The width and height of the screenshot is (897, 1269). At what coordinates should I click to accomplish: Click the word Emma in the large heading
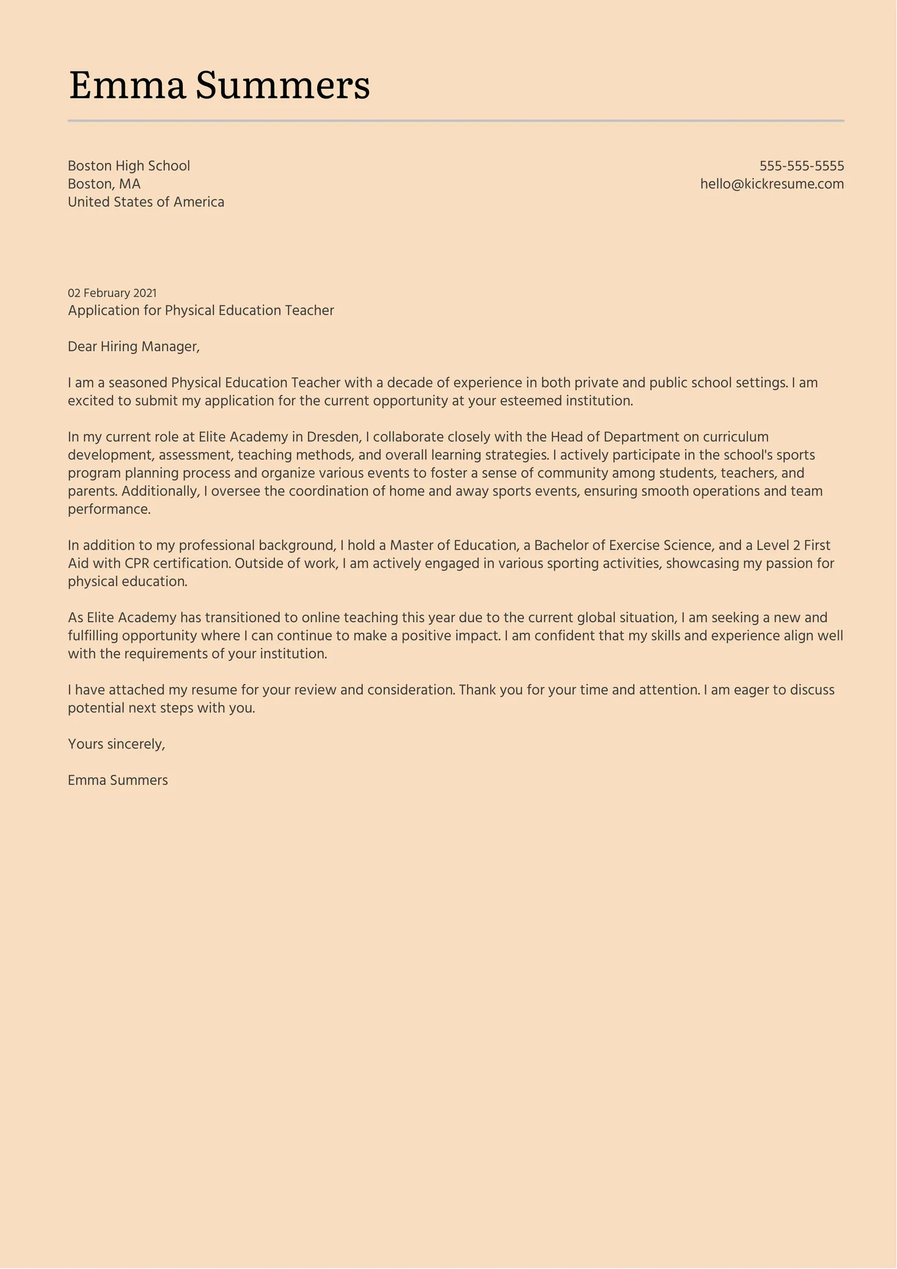point(127,86)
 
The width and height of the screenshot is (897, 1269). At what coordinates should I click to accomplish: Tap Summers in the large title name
point(282,86)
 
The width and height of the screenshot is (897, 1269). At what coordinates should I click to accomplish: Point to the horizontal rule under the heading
point(456,121)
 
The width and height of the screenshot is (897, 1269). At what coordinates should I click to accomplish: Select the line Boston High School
point(129,166)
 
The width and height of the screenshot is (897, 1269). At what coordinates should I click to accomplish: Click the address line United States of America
point(146,202)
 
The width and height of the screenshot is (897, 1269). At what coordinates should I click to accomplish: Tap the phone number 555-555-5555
point(802,166)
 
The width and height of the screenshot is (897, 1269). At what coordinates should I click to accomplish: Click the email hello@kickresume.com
point(772,184)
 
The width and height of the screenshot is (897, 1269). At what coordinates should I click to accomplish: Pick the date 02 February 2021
point(112,293)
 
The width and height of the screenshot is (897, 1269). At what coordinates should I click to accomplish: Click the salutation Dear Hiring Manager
point(134,347)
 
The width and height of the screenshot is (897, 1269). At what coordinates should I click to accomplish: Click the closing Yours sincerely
point(117,744)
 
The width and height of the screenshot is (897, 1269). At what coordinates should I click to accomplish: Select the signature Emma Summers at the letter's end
point(118,780)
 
